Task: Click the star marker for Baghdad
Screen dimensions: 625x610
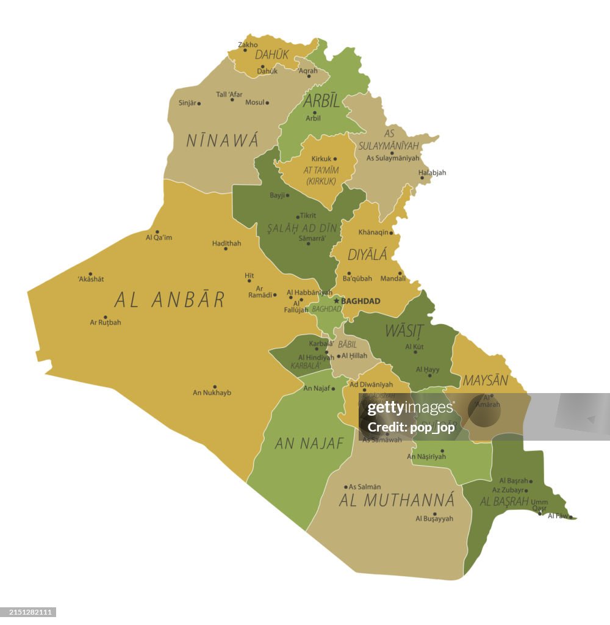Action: click(336, 301)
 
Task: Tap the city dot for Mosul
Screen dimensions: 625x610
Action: click(267, 103)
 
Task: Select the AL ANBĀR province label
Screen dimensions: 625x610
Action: click(170, 300)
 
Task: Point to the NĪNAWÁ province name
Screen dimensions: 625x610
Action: click(222, 140)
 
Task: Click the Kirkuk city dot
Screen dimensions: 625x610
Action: click(335, 159)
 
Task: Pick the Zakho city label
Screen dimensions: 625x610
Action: click(248, 45)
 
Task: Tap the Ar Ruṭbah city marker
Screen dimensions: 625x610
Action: click(105, 317)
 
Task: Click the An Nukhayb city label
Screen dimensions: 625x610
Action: click(212, 392)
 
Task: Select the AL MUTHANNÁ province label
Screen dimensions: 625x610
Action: click(396, 500)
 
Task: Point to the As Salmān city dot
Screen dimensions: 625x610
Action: click(346, 487)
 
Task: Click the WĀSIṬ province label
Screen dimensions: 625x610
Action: click(404, 331)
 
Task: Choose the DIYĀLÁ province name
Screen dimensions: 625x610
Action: click(367, 255)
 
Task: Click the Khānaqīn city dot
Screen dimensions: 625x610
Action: click(392, 233)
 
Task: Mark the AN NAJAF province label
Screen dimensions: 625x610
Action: click(309, 444)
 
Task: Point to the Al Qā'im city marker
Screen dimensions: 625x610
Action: click(157, 232)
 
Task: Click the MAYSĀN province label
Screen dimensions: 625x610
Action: click(485, 380)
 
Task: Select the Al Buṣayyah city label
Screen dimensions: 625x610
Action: click(434, 519)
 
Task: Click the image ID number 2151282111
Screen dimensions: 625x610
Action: click(29, 612)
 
